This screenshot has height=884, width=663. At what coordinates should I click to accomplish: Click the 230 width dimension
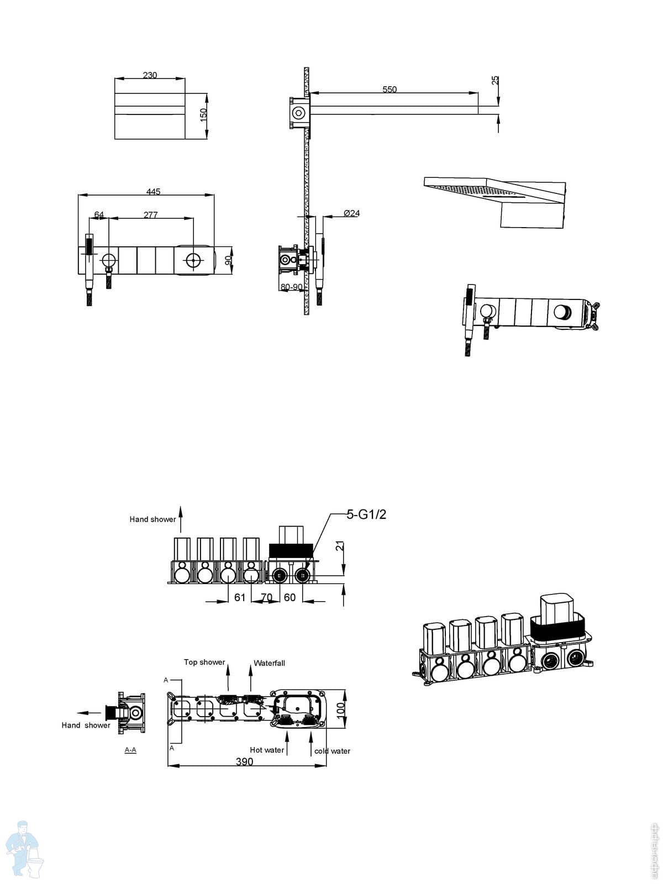[150, 75]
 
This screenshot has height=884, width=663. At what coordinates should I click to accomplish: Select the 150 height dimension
[203, 115]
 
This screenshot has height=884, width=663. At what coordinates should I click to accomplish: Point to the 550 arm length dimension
[390, 89]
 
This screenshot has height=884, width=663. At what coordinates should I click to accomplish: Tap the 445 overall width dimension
[153, 192]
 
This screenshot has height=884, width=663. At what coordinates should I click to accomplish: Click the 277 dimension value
[151, 215]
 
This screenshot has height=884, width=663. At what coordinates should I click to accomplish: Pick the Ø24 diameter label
[351, 213]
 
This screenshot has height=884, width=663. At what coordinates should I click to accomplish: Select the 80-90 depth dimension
[291, 287]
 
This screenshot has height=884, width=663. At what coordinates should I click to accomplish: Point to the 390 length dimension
[244, 762]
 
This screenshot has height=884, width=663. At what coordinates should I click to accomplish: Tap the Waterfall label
[269, 663]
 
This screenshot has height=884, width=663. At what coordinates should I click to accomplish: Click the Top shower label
[204, 662]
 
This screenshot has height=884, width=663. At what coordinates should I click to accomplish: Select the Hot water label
[267, 750]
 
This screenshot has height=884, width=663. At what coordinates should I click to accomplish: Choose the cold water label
[332, 751]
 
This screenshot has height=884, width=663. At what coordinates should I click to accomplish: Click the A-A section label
[130, 750]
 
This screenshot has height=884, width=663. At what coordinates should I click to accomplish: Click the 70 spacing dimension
[266, 597]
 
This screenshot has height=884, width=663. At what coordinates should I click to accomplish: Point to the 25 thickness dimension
[495, 81]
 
